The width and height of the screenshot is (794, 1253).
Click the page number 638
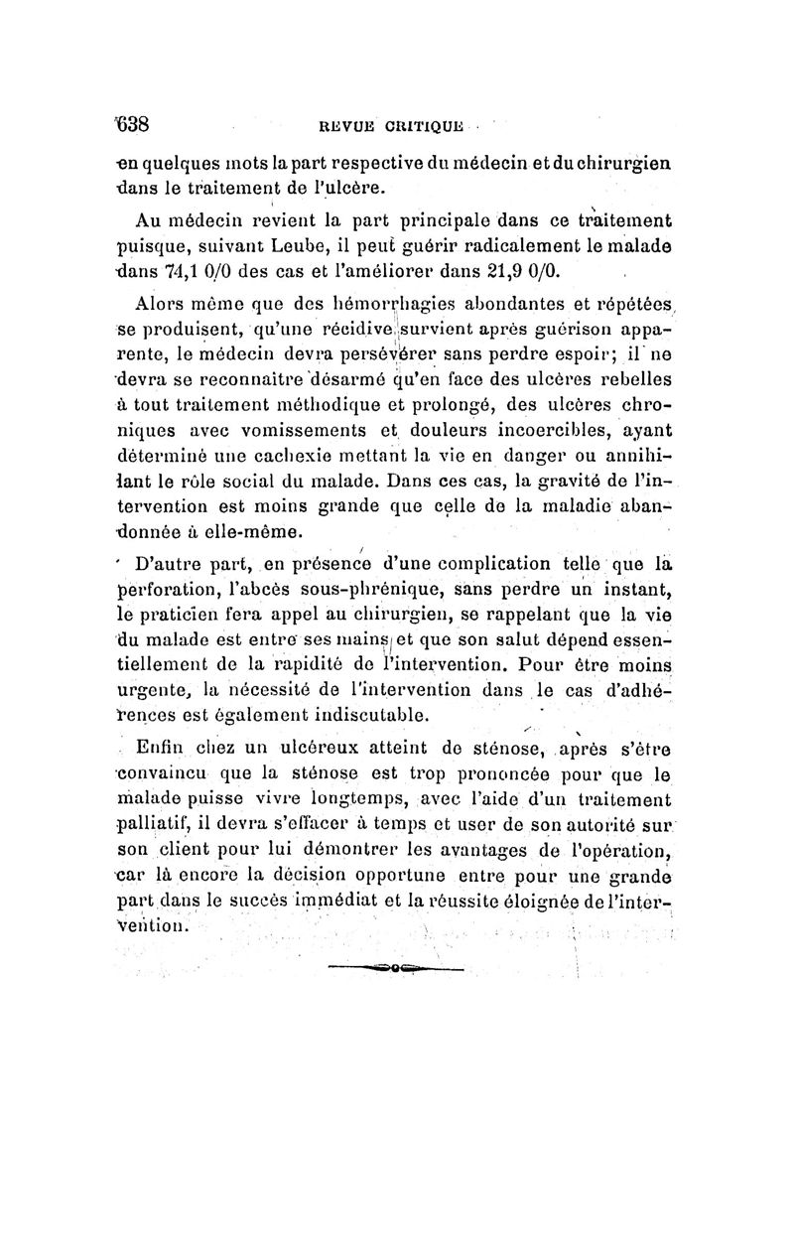129,124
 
